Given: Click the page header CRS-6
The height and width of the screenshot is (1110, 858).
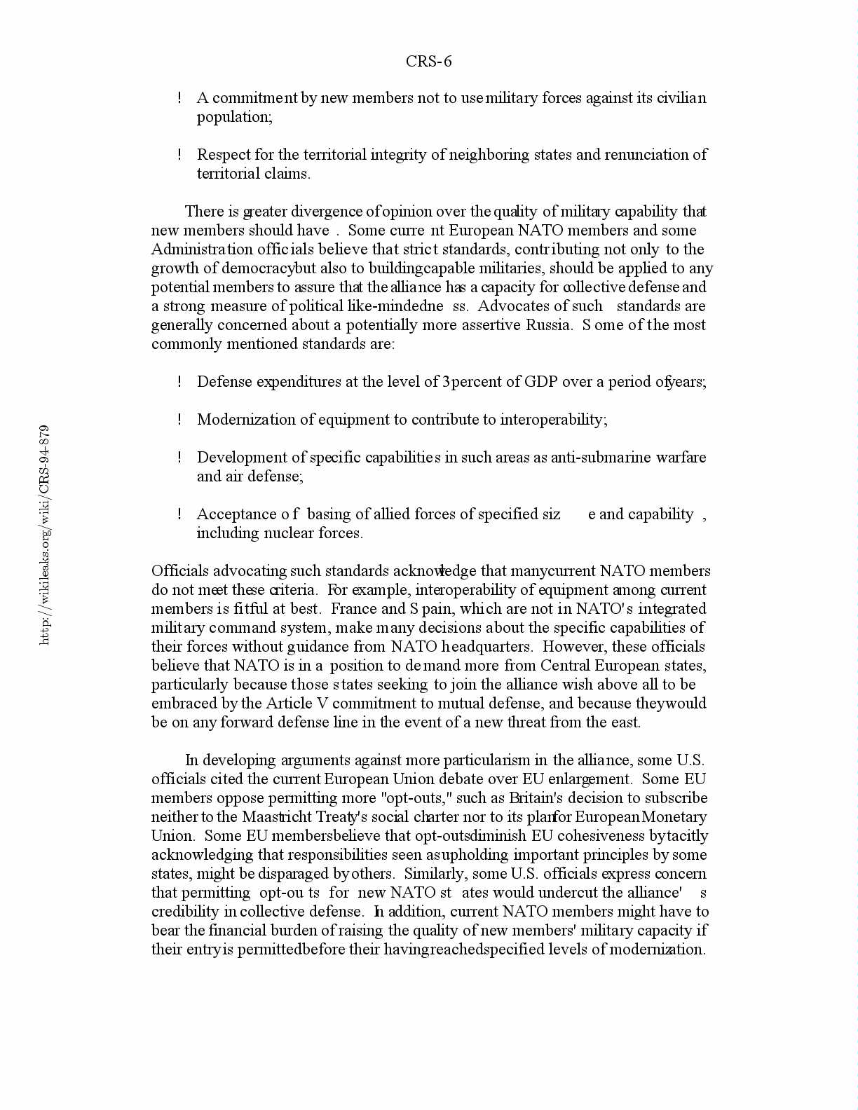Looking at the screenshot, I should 428,62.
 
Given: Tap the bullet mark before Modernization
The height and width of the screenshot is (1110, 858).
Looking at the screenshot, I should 180,420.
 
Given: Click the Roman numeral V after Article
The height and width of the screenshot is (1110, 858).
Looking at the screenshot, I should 313,704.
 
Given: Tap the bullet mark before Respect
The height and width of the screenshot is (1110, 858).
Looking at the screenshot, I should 180,155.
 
